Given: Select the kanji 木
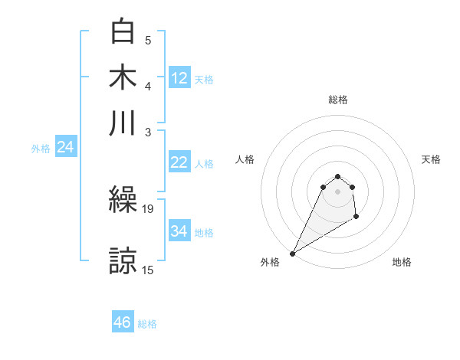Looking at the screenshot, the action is click(x=123, y=77).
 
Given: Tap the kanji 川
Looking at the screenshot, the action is click(x=123, y=123).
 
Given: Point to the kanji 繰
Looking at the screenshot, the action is click(x=123, y=201).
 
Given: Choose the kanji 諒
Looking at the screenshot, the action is click(x=123, y=261).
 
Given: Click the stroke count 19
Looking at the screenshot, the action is click(x=148, y=208).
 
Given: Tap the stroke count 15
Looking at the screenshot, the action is click(x=148, y=269).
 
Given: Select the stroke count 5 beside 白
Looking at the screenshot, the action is click(x=148, y=40).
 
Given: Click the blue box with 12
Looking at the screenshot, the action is click(x=179, y=78).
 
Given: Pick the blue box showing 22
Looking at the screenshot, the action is click(x=179, y=162).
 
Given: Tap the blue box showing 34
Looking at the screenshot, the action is click(x=179, y=231).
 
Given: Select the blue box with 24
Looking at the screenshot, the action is click(x=65, y=148).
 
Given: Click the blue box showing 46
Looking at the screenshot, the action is click(x=123, y=322).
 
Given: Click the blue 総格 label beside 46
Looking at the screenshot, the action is click(x=147, y=324).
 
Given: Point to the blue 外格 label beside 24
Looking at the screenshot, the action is click(x=41, y=149).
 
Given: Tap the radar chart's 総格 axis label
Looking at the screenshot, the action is click(x=338, y=100).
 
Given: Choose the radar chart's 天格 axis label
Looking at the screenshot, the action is click(x=432, y=159).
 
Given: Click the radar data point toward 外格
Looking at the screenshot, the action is click(x=292, y=254).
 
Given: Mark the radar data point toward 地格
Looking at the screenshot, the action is click(x=356, y=218).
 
